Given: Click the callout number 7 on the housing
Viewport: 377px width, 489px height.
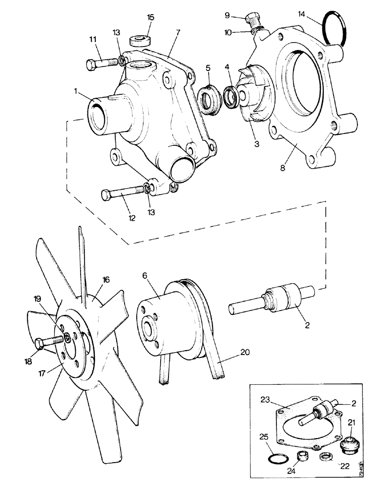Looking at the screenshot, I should (178, 32).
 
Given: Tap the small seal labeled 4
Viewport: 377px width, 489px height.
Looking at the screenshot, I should (231, 95).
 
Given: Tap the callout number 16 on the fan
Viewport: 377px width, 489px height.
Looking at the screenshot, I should (105, 280).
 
